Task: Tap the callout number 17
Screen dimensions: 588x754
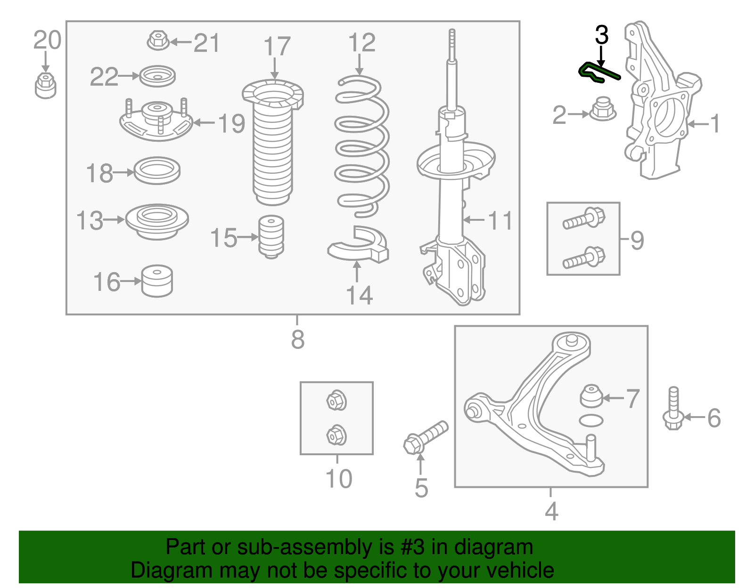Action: (x=277, y=47)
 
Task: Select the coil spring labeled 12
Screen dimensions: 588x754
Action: (x=362, y=146)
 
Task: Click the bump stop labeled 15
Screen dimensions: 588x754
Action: (x=271, y=236)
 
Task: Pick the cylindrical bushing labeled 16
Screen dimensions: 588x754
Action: (x=157, y=281)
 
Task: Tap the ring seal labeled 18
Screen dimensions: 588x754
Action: (x=157, y=170)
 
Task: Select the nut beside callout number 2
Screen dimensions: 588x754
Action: (x=602, y=109)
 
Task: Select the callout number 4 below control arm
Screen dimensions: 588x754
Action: (x=551, y=511)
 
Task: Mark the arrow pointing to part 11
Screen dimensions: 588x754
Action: (x=473, y=220)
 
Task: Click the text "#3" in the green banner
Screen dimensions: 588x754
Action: (x=412, y=547)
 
